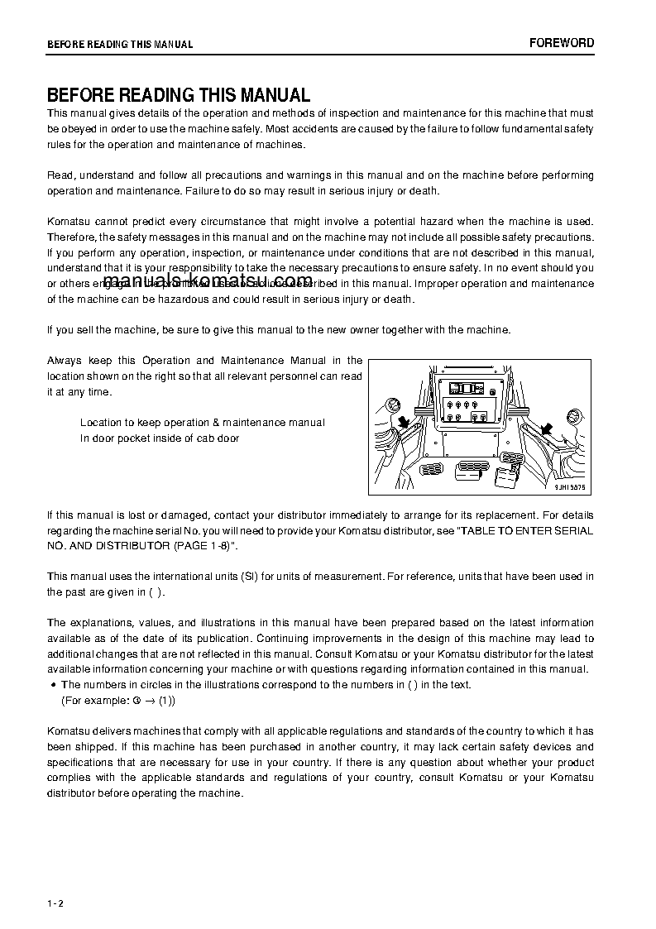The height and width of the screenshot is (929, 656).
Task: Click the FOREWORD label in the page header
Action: click(x=562, y=43)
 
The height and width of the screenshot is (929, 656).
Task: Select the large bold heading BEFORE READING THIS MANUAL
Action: click(x=178, y=95)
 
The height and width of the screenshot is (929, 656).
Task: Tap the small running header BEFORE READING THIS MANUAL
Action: click(x=120, y=45)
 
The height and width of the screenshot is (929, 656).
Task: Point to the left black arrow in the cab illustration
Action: click(x=405, y=424)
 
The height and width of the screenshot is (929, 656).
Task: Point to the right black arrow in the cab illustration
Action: click(x=546, y=428)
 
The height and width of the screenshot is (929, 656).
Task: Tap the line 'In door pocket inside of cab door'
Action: click(x=160, y=438)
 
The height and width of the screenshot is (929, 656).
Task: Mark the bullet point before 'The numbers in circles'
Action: click(x=53, y=684)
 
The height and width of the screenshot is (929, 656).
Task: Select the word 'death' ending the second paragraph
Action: click(x=425, y=191)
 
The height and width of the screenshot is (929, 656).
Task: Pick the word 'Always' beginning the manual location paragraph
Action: click(x=64, y=360)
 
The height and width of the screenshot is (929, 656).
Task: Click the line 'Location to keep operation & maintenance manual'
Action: click(x=202, y=422)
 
